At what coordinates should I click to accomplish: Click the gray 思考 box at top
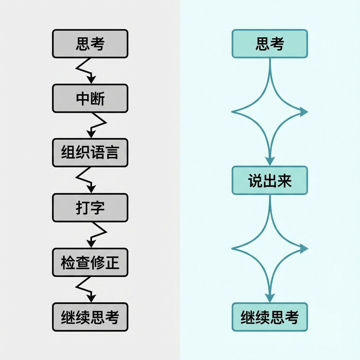[90, 44]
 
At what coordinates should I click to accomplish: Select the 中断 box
[90, 98]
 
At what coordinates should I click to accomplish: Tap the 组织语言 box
[90, 153]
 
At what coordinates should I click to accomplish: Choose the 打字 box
[90, 207]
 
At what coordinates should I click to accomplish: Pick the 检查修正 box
[90, 262]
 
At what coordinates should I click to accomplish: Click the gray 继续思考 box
[90, 317]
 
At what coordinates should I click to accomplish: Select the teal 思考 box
[270, 44]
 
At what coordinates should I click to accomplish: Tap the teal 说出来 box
[270, 180]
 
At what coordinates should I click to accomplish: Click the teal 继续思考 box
[270, 317]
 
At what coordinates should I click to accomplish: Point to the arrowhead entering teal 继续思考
[270, 298]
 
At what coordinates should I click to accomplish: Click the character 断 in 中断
[97, 98]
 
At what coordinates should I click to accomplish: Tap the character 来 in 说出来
[284, 180]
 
